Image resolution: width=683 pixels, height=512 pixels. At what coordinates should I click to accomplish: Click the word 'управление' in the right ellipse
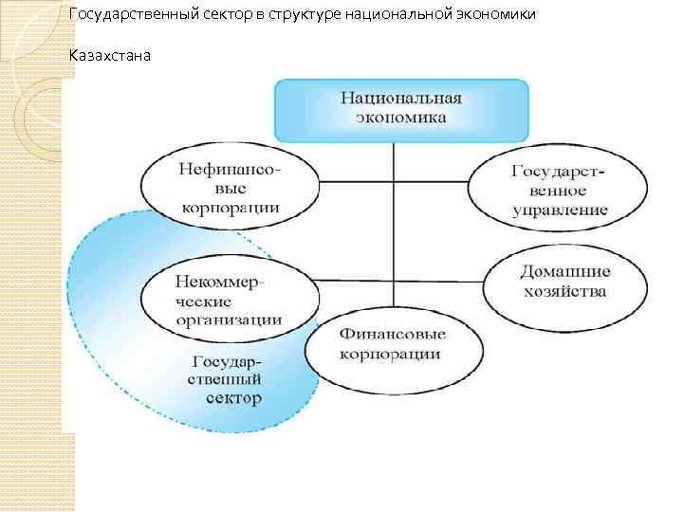[559, 210]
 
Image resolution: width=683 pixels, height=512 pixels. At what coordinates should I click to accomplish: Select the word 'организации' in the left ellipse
[229, 320]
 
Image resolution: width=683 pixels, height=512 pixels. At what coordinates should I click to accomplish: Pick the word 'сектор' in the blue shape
[231, 399]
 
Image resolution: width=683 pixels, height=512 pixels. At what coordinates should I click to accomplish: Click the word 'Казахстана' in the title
[110, 55]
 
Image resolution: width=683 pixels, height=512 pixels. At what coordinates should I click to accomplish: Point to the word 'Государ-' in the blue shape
[231, 362]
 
